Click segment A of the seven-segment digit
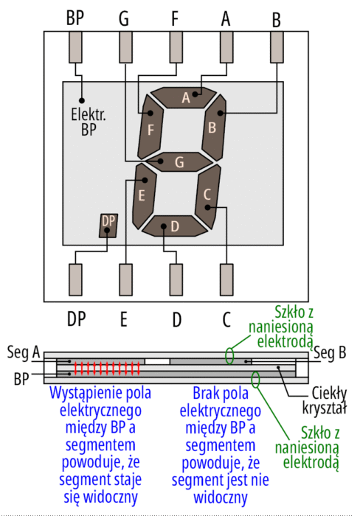(x=184, y=97)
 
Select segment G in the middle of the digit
(x=180, y=162)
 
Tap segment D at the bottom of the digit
(x=175, y=226)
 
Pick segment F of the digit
(x=150, y=127)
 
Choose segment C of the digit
(x=208, y=197)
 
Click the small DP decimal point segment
(x=108, y=226)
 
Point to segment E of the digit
(x=144, y=195)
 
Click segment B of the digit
(x=214, y=128)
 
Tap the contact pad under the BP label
(x=75, y=47)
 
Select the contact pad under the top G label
(x=126, y=47)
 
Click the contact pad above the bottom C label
(x=226, y=279)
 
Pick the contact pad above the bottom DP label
(x=75, y=279)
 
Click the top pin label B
(x=277, y=20)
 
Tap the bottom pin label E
(x=123, y=319)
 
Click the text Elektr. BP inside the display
(x=89, y=122)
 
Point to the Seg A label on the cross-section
(x=24, y=353)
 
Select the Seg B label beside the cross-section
(x=330, y=352)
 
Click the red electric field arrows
(x=107, y=369)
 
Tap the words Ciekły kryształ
(x=325, y=400)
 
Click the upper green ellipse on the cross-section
(x=229, y=356)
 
